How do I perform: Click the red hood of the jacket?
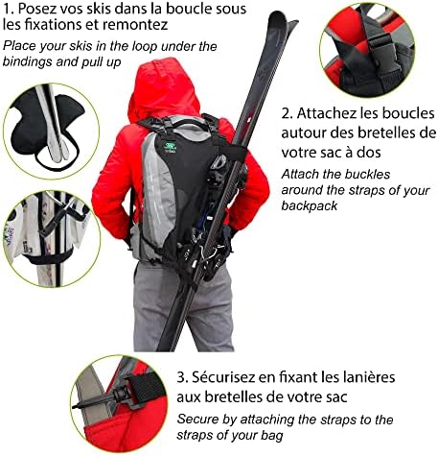coord(163,88)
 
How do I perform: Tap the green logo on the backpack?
coord(170,148)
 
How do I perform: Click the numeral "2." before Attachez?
coord(288,113)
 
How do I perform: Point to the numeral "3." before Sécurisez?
coord(183,377)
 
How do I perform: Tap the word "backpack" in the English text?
coord(310,205)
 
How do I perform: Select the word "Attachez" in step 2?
coord(326,113)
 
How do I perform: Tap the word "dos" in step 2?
coord(370,152)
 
